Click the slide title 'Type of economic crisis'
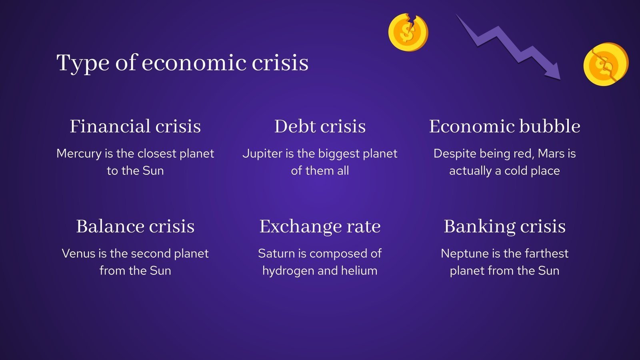[x=182, y=63]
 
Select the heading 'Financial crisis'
[x=135, y=126]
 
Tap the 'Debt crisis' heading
[x=320, y=126]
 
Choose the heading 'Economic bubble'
[x=504, y=126]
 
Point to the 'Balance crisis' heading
[x=135, y=226]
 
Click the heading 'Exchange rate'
[x=320, y=226]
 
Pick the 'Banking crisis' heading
[x=504, y=226]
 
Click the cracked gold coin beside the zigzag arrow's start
[x=408, y=32]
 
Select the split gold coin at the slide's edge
[x=606, y=64]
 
